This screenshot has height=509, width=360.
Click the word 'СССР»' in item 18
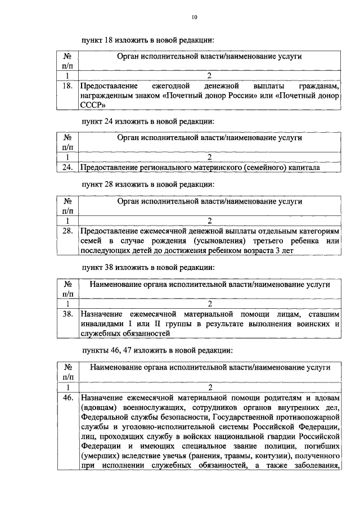(93, 105)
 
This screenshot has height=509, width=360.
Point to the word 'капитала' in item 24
(303, 167)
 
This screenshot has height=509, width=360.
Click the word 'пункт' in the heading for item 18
(92, 40)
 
